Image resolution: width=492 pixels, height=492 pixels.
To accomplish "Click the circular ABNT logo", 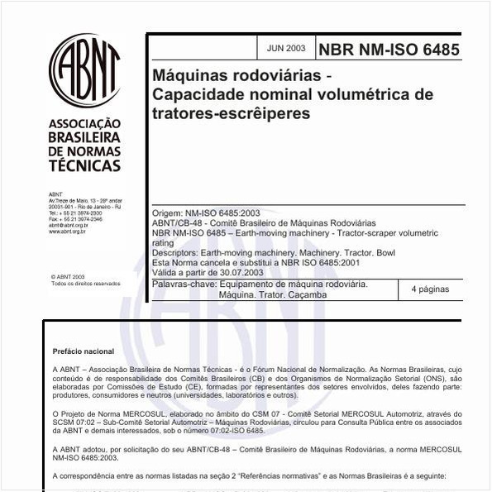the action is click(x=84, y=69).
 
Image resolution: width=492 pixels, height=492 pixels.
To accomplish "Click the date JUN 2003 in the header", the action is click(x=286, y=49).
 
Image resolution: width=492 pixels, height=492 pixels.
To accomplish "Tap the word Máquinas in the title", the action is click(x=191, y=76).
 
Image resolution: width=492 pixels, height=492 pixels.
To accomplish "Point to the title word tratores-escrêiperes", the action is click(x=231, y=112).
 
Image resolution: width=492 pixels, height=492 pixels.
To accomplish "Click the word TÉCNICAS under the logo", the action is click(x=84, y=165).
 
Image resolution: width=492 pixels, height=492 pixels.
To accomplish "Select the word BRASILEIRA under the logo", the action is click(x=84, y=137).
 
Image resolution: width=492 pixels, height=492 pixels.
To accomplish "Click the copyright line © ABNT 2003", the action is click(x=68, y=277).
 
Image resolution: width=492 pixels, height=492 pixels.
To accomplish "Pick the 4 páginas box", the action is click(x=423, y=289).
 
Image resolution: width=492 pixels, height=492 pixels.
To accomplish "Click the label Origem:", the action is click(x=167, y=213).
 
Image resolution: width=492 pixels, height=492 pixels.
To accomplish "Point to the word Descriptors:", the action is click(x=177, y=252).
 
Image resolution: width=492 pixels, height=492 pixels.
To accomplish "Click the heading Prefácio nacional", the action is click(x=84, y=351).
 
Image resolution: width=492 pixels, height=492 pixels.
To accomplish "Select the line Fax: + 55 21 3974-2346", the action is click(x=75, y=219).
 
